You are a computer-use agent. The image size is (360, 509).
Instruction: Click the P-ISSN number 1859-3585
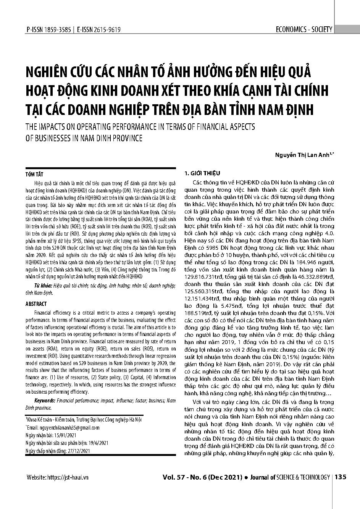tap(55, 30)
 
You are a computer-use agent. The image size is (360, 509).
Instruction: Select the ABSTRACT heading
tap(36, 304)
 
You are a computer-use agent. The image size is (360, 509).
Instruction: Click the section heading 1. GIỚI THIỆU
tap(202, 173)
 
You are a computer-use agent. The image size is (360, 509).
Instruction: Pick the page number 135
tap(341, 477)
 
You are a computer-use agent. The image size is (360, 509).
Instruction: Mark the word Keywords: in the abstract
tap(45, 401)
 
